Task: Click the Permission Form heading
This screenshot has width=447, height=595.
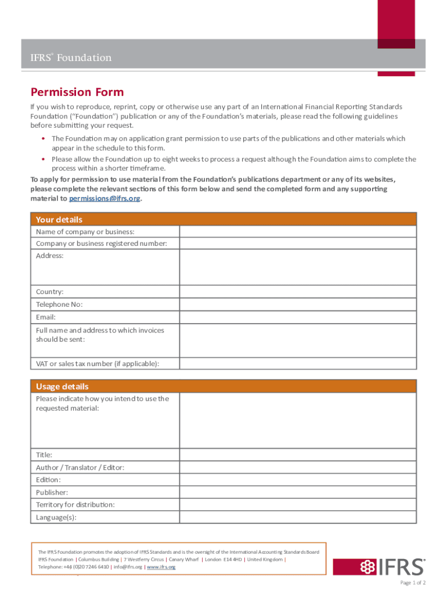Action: point(77,92)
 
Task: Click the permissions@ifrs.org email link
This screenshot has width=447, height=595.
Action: point(104,199)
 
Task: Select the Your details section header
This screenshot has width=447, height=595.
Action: point(59,220)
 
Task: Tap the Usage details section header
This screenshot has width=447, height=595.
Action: point(62,386)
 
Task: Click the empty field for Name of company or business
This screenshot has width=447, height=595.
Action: point(297,232)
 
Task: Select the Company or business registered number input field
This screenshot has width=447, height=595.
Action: point(297,243)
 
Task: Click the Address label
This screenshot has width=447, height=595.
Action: point(50,256)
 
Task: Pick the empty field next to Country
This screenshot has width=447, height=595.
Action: point(297,292)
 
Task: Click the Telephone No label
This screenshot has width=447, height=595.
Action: point(59,304)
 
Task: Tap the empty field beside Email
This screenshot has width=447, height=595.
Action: point(297,317)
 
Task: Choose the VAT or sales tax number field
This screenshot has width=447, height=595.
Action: point(297,364)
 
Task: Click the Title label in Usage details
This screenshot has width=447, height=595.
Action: point(44,455)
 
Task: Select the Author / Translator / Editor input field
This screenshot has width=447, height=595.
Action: point(297,467)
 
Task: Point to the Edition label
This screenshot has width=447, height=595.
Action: point(48,480)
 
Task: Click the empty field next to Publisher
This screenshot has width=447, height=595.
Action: point(297,492)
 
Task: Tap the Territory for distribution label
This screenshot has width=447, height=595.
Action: point(75,505)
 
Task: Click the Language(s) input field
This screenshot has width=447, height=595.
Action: point(297,517)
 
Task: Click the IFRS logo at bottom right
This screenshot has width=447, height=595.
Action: point(392,567)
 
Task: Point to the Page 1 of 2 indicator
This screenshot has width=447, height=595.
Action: point(413,583)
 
